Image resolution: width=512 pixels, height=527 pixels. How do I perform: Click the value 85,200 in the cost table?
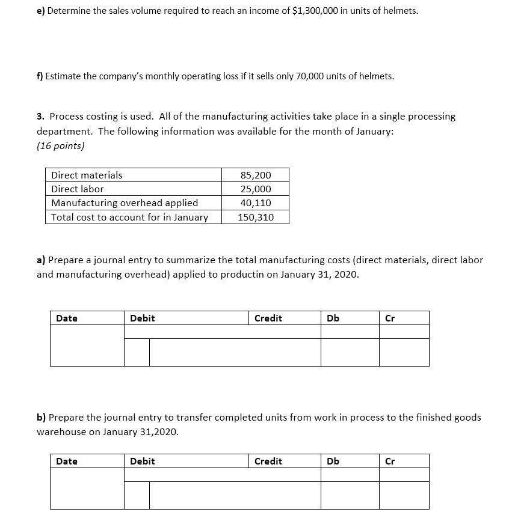[x=256, y=175]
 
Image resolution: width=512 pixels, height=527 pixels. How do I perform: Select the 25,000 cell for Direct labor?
[x=256, y=189]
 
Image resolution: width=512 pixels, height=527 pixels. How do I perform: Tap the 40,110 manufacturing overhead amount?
[x=256, y=203]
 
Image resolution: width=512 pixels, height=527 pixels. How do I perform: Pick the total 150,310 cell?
[x=256, y=217]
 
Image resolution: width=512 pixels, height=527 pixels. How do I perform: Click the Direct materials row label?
[x=87, y=175]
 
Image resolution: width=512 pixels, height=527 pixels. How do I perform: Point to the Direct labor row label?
[x=78, y=189]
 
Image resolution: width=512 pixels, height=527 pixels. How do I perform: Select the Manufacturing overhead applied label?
[x=125, y=203]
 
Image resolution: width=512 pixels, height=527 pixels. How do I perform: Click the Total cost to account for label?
[x=129, y=217]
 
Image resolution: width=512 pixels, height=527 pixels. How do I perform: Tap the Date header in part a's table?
[x=67, y=318]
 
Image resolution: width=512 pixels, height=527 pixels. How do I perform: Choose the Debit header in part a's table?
[x=143, y=318]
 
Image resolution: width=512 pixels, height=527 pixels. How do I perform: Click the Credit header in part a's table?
[x=268, y=318]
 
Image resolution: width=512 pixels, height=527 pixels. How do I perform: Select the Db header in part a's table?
[x=333, y=318]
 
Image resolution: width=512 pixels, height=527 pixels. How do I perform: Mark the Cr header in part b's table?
[x=390, y=461]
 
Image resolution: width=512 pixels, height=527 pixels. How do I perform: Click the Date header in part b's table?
[x=67, y=461]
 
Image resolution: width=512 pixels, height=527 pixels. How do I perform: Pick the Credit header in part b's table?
[x=268, y=461]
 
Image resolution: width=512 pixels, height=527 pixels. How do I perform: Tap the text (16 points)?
[x=61, y=145]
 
